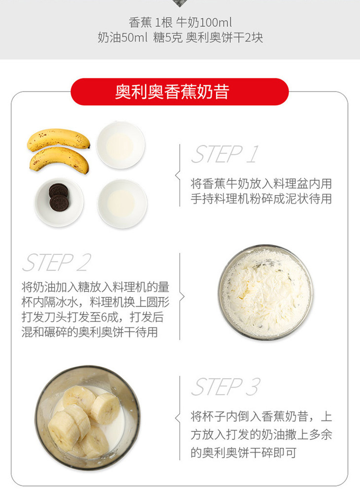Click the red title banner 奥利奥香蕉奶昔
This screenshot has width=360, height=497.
(x=180, y=92)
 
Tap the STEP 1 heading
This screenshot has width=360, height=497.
(x=225, y=154)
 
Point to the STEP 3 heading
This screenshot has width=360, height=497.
(x=226, y=387)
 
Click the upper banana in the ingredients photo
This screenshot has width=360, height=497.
(x=58, y=140)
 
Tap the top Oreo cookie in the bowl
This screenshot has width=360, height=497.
(x=58, y=190)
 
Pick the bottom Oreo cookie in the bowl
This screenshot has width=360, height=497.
(x=59, y=203)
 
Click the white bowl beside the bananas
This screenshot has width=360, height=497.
(x=120, y=145)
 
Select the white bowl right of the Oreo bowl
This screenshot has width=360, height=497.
(x=122, y=204)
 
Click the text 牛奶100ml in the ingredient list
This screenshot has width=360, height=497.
(x=204, y=23)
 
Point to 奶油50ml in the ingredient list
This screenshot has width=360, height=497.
(x=122, y=37)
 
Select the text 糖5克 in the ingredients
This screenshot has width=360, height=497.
(x=168, y=37)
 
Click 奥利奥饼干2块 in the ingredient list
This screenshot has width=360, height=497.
(x=224, y=37)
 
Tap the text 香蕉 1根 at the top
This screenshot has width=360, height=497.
(x=150, y=23)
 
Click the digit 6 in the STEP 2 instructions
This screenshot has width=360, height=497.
(x=105, y=317)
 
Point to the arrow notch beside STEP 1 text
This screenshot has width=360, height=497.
(x=178, y=175)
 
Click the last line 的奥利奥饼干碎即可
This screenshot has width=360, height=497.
(x=244, y=453)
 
